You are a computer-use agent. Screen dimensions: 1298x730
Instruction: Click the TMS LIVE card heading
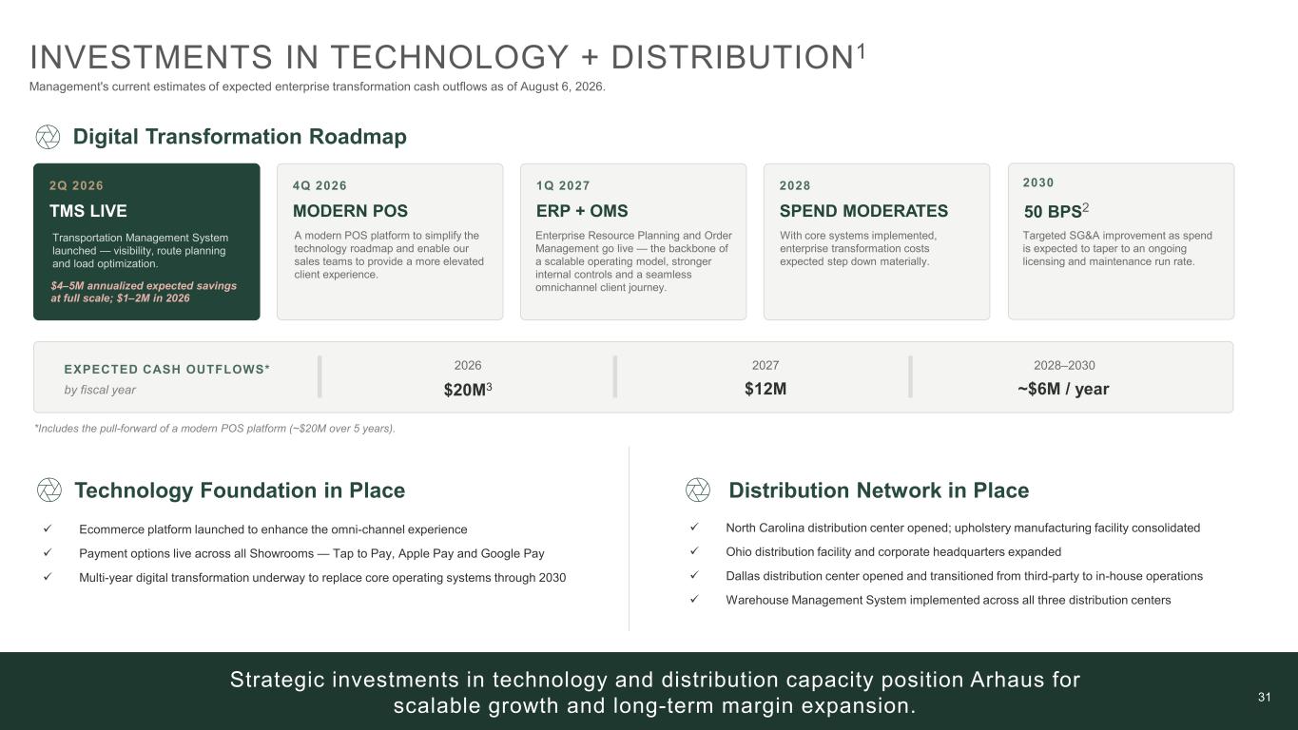click(x=88, y=211)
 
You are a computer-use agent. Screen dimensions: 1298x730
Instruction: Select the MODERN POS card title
click(x=350, y=211)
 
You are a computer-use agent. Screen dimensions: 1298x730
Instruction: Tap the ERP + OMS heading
click(x=582, y=211)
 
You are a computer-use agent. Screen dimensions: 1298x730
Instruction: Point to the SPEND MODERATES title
click(x=863, y=211)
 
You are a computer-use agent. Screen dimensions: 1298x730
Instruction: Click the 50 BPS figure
click(x=1053, y=211)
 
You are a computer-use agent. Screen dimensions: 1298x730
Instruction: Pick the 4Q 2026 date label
click(x=320, y=185)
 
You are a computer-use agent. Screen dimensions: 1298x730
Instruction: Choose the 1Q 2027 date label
click(x=563, y=185)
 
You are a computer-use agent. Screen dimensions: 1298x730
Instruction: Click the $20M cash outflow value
click(x=465, y=390)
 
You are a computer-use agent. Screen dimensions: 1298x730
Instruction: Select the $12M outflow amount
click(x=765, y=389)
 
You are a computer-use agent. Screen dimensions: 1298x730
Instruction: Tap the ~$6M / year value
click(x=1063, y=389)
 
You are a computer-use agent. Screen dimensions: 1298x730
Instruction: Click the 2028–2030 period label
click(x=1064, y=366)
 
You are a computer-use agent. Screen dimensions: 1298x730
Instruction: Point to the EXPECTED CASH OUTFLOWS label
click(x=167, y=369)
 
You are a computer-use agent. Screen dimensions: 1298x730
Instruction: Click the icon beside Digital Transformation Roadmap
click(x=48, y=137)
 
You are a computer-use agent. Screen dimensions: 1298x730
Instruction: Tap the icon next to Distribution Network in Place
click(x=698, y=490)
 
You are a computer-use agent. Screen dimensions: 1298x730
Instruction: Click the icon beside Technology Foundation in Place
click(x=49, y=490)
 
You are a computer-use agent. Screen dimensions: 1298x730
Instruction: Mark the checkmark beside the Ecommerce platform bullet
click(x=48, y=528)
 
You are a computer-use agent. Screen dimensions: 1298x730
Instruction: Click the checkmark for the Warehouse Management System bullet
click(x=694, y=599)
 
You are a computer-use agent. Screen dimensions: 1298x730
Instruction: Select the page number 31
click(x=1265, y=697)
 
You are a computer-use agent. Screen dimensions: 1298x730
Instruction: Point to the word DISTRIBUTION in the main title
click(x=733, y=57)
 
